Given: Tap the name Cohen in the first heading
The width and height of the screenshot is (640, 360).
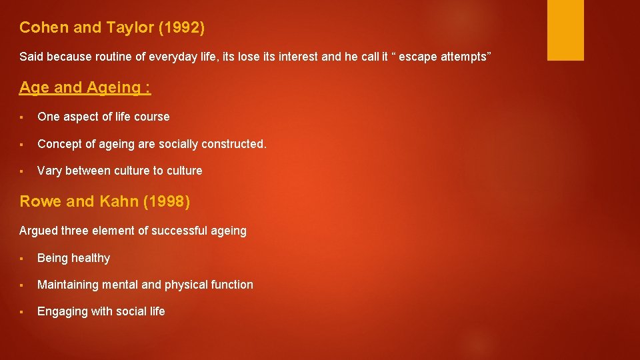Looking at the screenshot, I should pyautogui.click(x=40, y=28).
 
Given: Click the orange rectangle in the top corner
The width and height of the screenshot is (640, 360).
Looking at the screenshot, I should pyautogui.click(x=565, y=30).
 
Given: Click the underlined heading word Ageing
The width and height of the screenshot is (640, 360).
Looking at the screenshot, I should pyautogui.click(x=113, y=87).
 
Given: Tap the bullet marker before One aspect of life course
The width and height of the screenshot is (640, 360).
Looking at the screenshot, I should pyautogui.click(x=23, y=117).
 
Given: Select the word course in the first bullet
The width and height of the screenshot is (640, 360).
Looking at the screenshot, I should pyautogui.click(x=152, y=117).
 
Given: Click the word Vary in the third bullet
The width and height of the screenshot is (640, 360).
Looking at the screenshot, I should pyautogui.click(x=49, y=171).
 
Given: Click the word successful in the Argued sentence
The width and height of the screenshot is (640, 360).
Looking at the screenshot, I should pyautogui.click(x=178, y=231).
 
